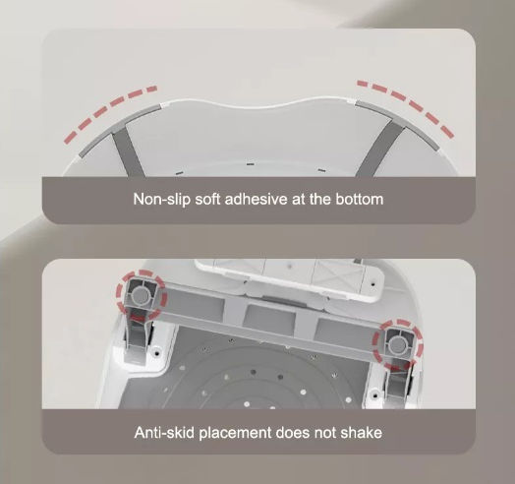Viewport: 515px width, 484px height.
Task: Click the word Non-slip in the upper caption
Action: click(x=161, y=200)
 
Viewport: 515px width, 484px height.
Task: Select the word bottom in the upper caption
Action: click(x=359, y=200)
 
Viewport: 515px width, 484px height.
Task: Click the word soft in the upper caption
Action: click(x=207, y=200)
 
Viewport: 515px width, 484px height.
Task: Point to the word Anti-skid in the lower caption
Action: click(x=164, y=433)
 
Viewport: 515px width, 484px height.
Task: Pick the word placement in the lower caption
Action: click(x=235, y=433)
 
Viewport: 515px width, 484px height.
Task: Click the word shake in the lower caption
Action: click(x=361, y=433)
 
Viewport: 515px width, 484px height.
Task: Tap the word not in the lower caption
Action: click(x=325, y=433)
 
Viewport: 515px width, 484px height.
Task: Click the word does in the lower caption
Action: click(x=293, y=433)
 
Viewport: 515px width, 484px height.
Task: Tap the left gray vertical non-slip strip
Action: click(x=128, y=152)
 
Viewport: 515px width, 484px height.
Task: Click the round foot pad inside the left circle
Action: click(x=142, y=295)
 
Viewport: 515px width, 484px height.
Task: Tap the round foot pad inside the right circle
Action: click(x=397, y=344)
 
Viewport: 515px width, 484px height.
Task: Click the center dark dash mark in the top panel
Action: click(x=251, y=164)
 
